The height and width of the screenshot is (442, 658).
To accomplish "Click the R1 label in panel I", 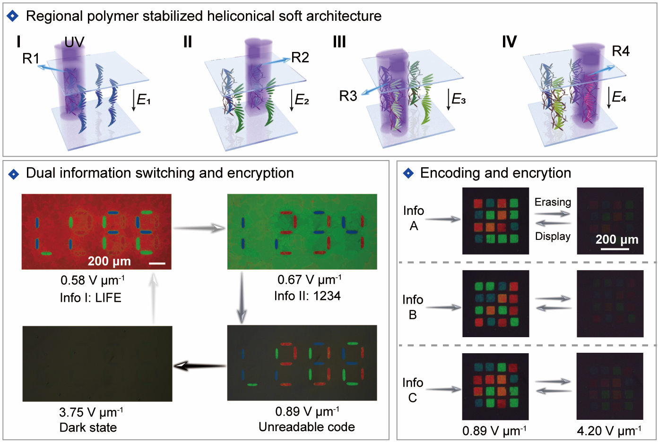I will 31,59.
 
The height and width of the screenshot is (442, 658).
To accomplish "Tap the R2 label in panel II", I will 300,58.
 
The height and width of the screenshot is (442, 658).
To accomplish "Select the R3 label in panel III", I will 348,96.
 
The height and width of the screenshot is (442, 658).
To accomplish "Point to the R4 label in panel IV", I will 620,51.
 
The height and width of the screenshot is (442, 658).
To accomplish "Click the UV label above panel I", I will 74,42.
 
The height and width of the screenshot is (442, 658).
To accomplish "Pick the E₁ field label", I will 143,100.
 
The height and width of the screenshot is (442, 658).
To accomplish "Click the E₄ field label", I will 619,97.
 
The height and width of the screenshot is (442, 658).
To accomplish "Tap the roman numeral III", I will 339,42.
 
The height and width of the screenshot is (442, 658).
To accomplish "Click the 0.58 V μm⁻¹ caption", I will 92,280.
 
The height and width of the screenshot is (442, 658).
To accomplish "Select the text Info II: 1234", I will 307,296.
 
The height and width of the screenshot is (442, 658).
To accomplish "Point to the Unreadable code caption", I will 306,427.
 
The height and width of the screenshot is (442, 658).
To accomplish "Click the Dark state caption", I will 88,427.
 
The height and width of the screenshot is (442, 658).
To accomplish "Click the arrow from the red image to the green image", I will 199,228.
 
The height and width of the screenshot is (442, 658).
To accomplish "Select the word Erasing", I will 553,202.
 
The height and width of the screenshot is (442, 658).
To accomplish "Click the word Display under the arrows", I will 553,236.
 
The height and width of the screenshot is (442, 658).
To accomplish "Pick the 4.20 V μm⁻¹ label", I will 609,431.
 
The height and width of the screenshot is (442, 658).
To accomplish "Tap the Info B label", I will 413,307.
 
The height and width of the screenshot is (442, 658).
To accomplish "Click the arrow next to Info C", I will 443,390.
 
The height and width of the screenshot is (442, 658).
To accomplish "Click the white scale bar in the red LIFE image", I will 157,263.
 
